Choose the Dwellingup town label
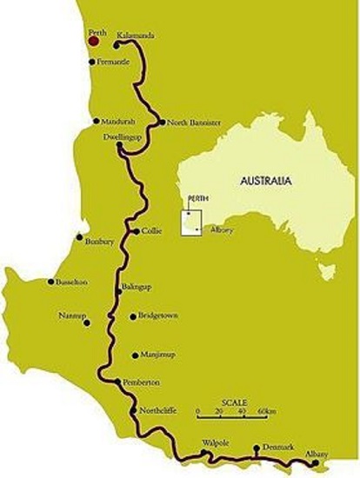coord(122,136)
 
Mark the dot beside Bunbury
coord(79,236)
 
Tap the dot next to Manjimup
coord(132,355)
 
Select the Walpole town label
coord(215,442)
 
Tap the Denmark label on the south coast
coord(277,448)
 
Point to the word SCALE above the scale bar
coord(234,402)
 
